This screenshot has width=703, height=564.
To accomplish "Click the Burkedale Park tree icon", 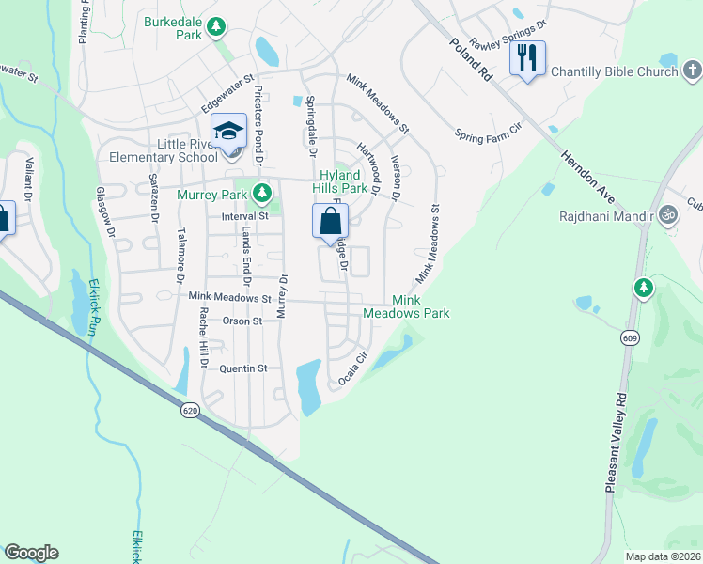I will [x=217, y=26].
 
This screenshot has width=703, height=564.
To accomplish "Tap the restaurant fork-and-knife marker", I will [x=527, y=58].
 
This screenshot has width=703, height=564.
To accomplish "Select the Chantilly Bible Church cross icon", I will [x=692, y=70].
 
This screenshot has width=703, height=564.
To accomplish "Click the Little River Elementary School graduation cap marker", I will [x=228, y=132].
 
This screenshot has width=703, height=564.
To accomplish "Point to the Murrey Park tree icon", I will [x=262, y=194].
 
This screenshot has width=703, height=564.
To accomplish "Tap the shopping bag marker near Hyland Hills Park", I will [x=330, y=223].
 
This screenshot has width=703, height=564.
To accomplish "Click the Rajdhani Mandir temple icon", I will [x=668, y=212].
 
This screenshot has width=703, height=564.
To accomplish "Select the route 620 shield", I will [x=191, y=410].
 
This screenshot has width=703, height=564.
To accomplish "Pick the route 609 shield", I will [x=628, y=337].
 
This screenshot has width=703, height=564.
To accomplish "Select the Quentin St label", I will [x=243, y=368].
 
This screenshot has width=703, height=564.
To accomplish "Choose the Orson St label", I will [x=242, y=321].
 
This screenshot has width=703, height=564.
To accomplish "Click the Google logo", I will [x=31, y=553].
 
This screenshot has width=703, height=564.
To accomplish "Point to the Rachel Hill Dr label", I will [x=202, y=339].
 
